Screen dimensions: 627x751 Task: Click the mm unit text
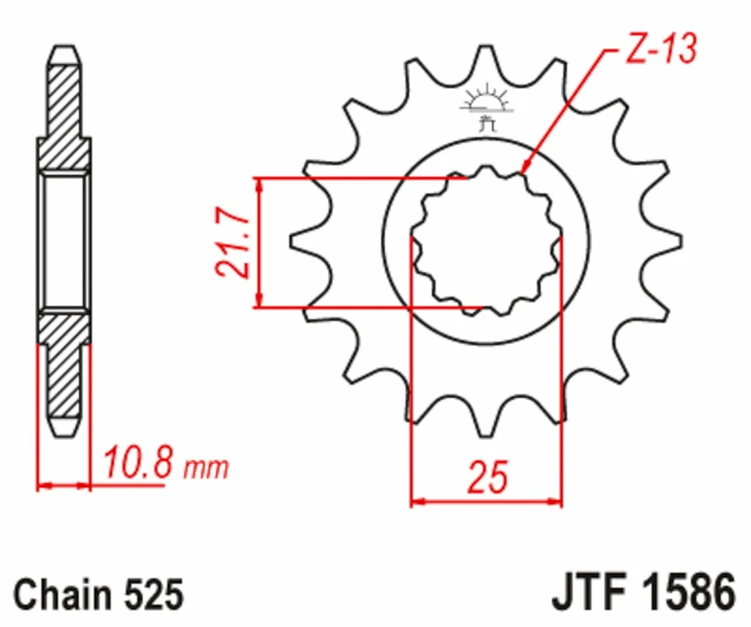click(207, 468)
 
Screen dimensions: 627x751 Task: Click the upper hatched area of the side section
click(64, 117)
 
